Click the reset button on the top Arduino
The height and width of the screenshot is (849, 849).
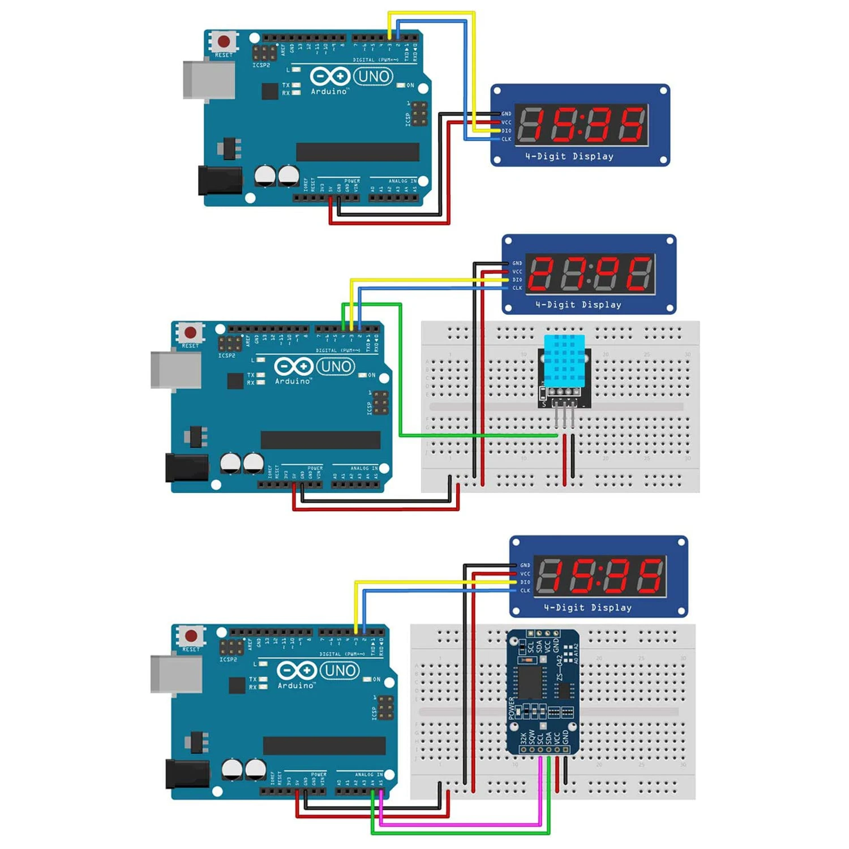tap(224, 41)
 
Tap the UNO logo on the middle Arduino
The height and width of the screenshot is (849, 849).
tap(336, 367)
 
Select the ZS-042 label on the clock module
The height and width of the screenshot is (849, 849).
tap(560, 668)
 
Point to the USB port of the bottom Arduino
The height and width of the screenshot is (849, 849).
tap(176, 674)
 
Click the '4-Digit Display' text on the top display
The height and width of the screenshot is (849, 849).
tap(569, 156)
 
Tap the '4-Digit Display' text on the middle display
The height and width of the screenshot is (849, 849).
tap(578, 305)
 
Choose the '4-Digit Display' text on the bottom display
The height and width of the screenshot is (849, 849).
tap(588, 607)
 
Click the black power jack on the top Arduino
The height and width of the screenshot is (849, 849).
tap(220, 180)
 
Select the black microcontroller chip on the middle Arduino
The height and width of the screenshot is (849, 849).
tap(320, 440)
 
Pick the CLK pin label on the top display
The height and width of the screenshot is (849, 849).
tap(506, 139)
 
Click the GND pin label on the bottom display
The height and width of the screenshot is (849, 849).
tap(525, 565)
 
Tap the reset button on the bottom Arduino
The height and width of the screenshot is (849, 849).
tap(191, 636)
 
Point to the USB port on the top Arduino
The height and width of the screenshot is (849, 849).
tap(208, 80)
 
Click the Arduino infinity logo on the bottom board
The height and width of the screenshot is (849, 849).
tap(296, 671)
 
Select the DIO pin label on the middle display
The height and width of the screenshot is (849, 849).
tap(517, 280)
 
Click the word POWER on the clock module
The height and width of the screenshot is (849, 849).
tap(512, 707)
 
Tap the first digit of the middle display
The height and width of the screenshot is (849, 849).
tap(541, 273)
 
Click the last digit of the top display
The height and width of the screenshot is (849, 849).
tap(631, 125)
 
